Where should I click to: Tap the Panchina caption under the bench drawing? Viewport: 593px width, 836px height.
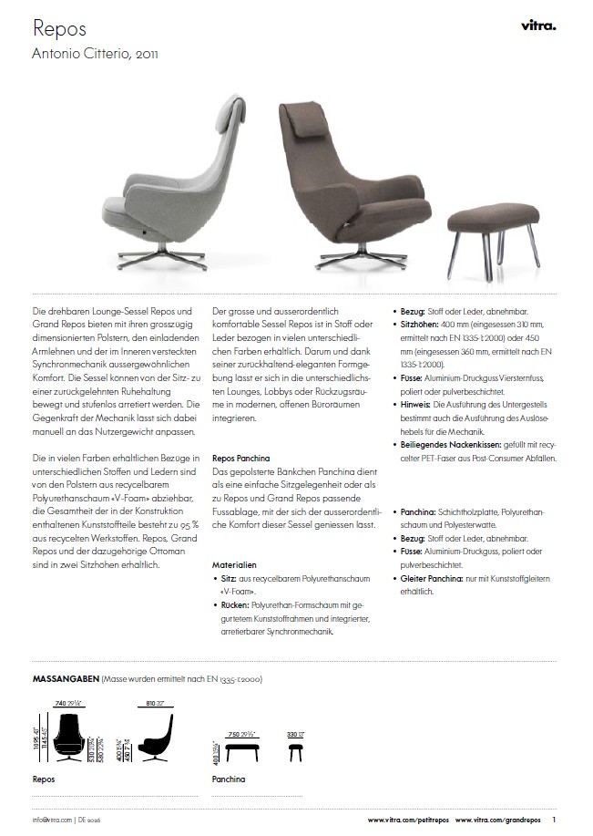[229, 779]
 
